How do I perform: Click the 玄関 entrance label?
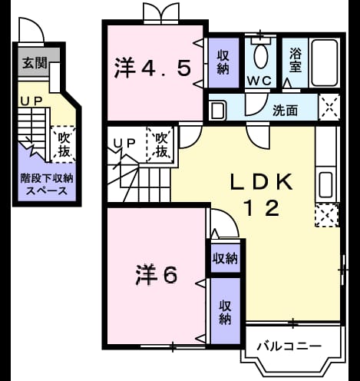[35, 63]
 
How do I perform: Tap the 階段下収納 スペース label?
[47, 184]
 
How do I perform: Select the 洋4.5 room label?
[153, 68]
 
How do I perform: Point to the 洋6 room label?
[156, 275]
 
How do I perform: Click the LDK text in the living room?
[262, 181]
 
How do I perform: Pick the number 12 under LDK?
[262, 208]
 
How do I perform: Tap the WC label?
[259, 81]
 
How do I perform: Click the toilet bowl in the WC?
[261, 56]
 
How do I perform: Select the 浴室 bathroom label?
[296, 60]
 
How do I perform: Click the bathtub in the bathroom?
[325, 62]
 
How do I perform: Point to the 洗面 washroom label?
[285, 111]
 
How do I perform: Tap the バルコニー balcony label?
[289, 346]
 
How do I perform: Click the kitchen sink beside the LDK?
[326, 184]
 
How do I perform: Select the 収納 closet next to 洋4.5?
[223, 62]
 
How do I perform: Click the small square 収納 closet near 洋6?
[225, 259]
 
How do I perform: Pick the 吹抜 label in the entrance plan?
[64, 144]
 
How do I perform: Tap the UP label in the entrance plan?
[31, 101]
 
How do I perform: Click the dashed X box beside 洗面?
[329, 108]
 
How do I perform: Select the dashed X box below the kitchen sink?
[327, 215]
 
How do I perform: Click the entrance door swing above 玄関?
[31, 30]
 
